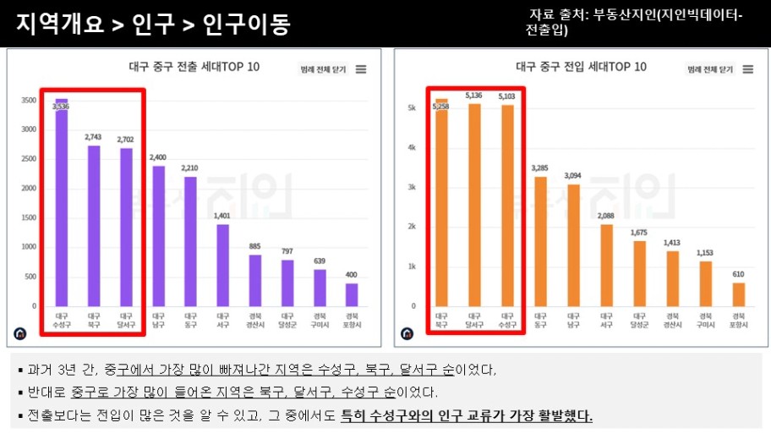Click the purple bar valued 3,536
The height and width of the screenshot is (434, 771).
(x=62, y=203)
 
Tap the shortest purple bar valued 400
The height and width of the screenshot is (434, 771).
(x=351, y=294)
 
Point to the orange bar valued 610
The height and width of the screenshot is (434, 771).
(x=738, y=294)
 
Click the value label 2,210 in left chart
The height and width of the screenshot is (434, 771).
(x=190, y=168)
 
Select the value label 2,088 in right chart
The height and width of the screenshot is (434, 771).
(x=606, y=216)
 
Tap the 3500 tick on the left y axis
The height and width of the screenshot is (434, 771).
(x=29, y=100)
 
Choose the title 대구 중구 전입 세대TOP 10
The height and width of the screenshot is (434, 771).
(x=581, y=67)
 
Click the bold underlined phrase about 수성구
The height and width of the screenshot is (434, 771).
(x=466, y=416)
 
